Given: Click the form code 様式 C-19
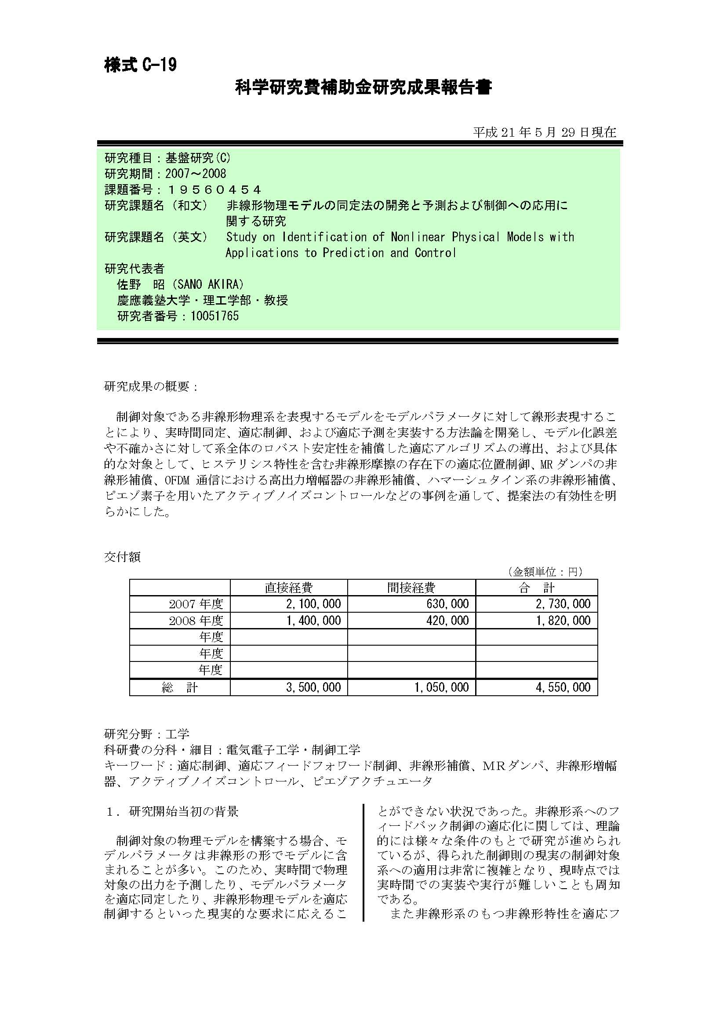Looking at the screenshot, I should pyautogui.click(x=140, y=65).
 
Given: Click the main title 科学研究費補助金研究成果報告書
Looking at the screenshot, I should pyautogui.click(x=363, y=88).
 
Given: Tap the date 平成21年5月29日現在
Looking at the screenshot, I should pyautogui.click(x=544, y=132).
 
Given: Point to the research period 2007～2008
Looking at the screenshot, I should pyautogui.click(x=196, y=174).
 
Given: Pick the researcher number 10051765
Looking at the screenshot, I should pyautogui.click(x=214, y=316).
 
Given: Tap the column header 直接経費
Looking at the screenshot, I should pyautogui.click(x=289, y=588).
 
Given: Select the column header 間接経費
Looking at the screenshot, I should pyautogui.click(x=411, y=588).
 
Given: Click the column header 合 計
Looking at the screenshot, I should pyautogui.click(x=536, y=588).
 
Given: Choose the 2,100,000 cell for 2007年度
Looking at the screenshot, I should pyautogui.click(x=313, y=604).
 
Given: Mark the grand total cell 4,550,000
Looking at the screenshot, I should pyautogui.click(x=563, y=687).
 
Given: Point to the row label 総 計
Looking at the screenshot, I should pyautogui.click(x=179, y=687).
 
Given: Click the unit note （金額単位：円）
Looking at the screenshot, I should pyautogui.click(x=545, y=571).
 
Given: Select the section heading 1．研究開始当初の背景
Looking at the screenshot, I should pyautogui.click(x=172, y=811).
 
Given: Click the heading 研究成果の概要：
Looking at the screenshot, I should pyautogui.click(x=151, y=386).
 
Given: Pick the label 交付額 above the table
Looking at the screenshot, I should pyautogui.click(x=122, y=556).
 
